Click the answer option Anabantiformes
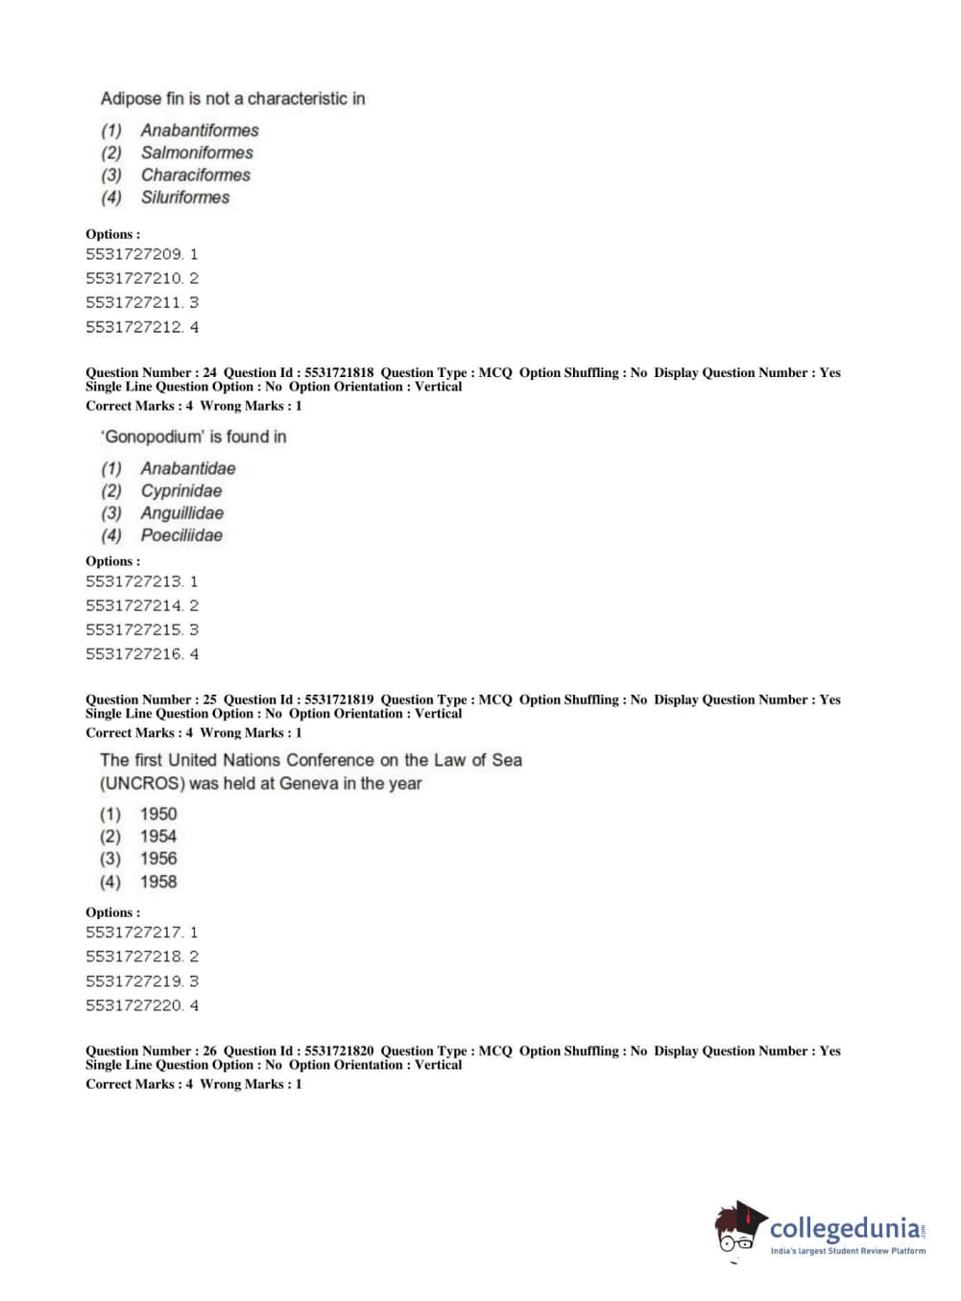tap(199, 130)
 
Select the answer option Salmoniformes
tap(197, 153)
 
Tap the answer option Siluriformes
tap(185, 198)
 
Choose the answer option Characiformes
tap(195, 175)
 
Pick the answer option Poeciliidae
tap(181, 535)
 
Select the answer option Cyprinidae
tap(180, 491)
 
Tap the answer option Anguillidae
tap(181, 513)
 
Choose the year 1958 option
tap(158, 882)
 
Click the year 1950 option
tap(158, 814)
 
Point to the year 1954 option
tap(158, 837)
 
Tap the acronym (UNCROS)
tap(142, 783)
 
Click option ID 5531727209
tap(134, 254)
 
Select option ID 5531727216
tap(134, 654)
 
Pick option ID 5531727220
tap(134, 1005)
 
